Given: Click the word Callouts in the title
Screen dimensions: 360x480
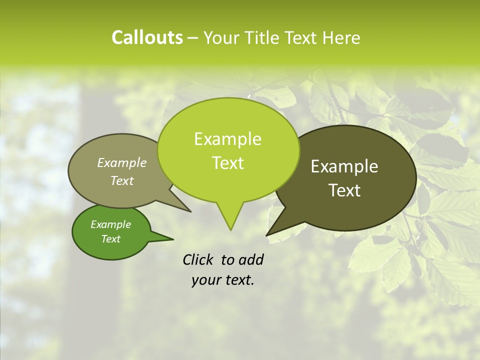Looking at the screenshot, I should coord(147,37).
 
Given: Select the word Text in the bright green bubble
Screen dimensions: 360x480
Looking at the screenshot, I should coord(228,163).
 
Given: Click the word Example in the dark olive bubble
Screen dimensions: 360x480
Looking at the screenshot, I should coord(344,166).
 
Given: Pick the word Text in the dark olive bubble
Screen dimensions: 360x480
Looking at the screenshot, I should coord(345,190).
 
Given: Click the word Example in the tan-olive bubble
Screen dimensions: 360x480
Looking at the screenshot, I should coord(121,162).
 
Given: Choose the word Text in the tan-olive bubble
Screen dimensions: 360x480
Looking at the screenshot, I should coord(122,180).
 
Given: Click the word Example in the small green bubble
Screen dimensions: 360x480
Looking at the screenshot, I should coord(110,224).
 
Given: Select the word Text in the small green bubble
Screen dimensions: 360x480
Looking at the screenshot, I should coord(110,238).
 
